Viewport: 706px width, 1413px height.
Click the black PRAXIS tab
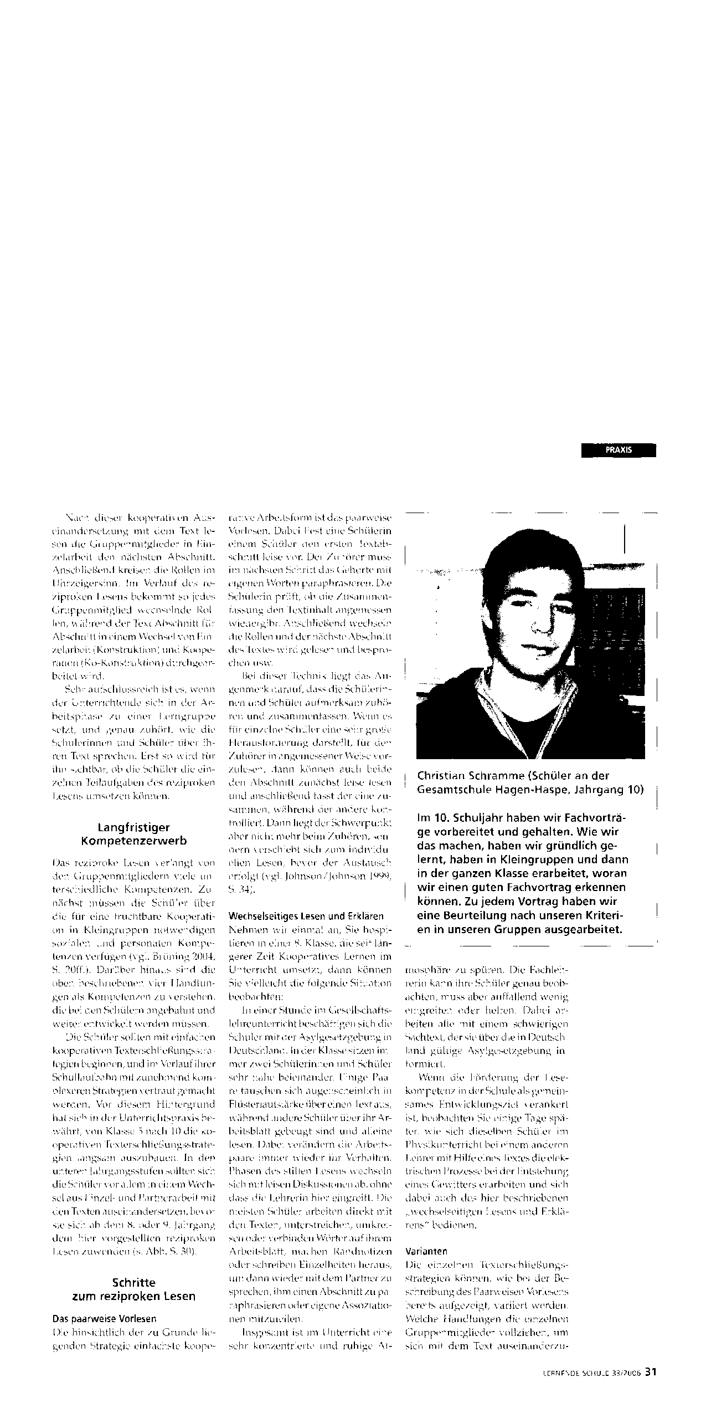[x=619, y=450]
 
